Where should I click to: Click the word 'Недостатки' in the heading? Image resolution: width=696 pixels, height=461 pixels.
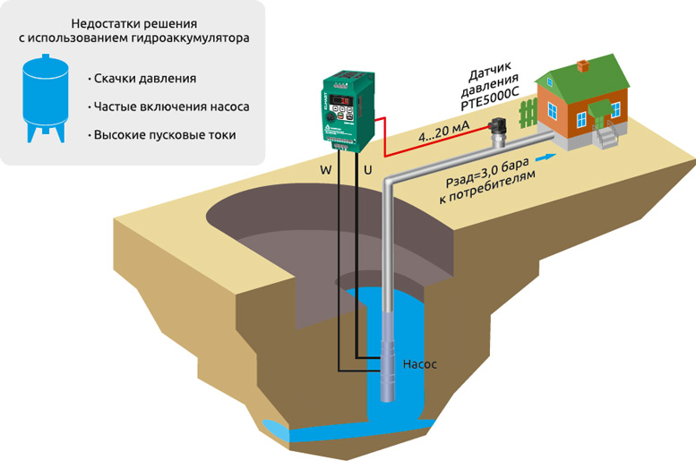(94, 22)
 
